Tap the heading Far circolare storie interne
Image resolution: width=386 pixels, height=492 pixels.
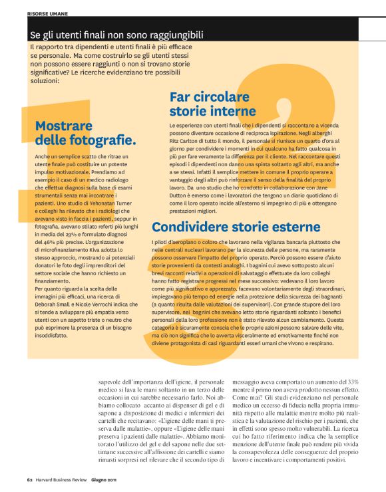pos(213,103)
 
